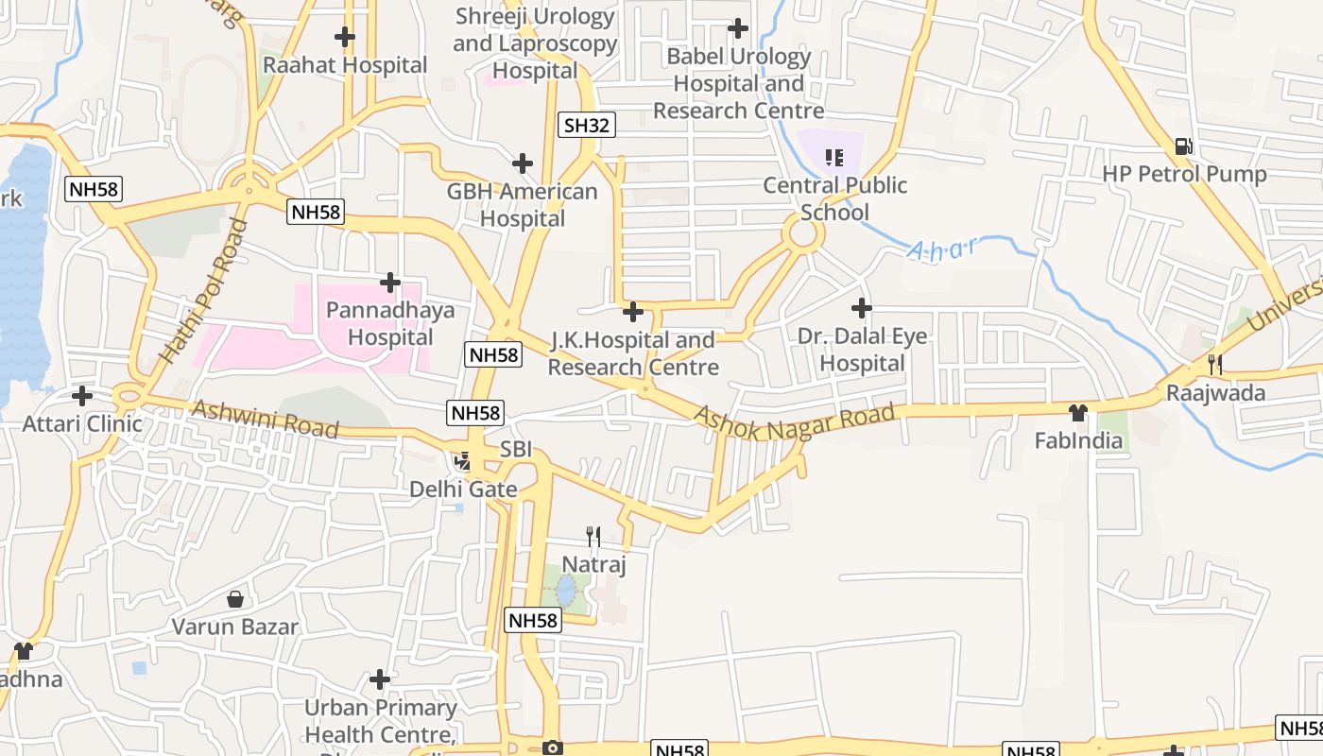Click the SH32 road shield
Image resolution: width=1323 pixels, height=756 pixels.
coord(587,125)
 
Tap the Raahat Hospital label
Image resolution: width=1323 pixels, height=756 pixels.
coord(345,65)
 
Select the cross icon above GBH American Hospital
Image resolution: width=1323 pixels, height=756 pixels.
coord(522,163)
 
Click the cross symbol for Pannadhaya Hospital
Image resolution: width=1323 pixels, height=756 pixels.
coord(389,282)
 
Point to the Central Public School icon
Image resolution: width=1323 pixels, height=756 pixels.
coord(833,157)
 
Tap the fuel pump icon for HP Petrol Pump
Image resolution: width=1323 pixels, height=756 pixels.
coord(1183,146)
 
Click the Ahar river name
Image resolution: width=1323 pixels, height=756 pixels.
coord(942,249)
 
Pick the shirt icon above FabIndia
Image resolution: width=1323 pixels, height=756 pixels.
coord(1078,412)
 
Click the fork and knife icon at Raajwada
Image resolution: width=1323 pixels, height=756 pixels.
coord(1215,364)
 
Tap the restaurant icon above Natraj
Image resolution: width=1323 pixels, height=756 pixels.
coord(593,537)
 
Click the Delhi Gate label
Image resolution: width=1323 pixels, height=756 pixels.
coord(463,489)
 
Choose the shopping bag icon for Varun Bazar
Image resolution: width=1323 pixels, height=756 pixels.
coord(235,599)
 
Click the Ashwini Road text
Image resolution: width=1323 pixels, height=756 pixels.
coord(265,419)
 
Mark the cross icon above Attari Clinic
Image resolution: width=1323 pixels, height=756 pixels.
coord(82,395)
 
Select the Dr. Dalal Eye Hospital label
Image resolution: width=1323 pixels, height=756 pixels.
coord(862,350)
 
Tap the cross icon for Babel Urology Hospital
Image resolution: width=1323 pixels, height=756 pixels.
coord(738,28)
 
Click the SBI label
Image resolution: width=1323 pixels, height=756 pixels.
coord(516,450)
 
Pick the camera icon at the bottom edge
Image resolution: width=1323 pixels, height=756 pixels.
coord(553,747)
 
